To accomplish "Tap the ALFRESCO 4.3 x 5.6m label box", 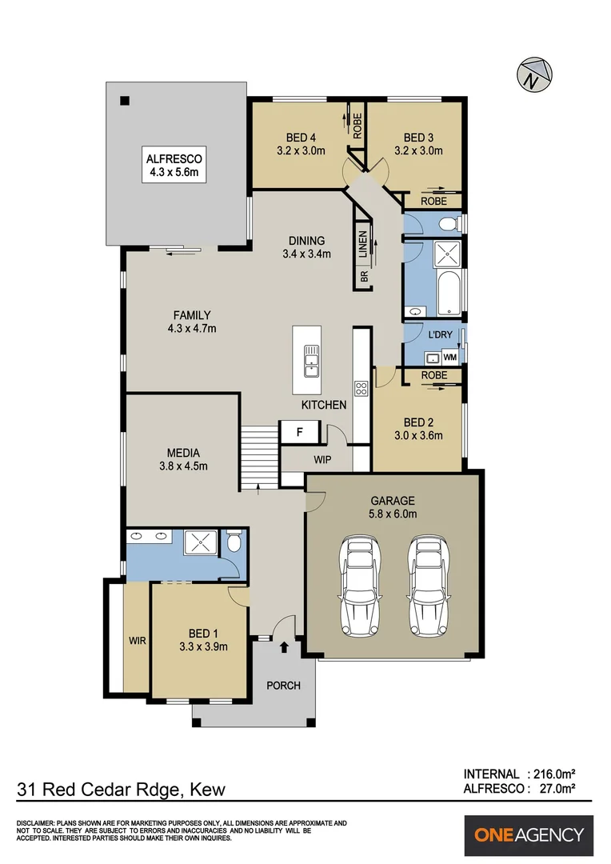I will point(173,164).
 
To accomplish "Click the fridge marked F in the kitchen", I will point(299,432).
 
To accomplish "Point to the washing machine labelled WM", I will point(449,357).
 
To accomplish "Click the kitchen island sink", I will point(310,360).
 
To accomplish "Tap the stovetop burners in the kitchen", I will point(361,389).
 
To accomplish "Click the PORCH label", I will point(283,686).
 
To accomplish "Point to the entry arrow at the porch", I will point(285,646).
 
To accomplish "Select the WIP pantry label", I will point(323,460).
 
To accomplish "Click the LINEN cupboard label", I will point(363,244).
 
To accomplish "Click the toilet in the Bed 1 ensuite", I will point(234,544).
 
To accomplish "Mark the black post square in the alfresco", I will point(124,100).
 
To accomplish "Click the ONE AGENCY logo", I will point(529,835).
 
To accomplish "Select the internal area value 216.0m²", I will point(553,774).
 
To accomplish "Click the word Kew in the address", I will point(208,790).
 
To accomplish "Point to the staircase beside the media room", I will point(258,456).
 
